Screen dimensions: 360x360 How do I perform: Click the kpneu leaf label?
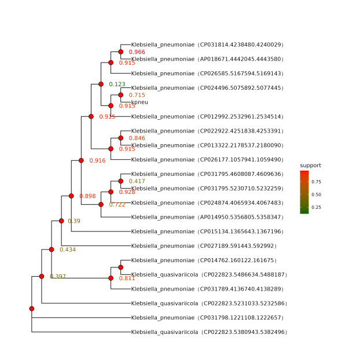139,102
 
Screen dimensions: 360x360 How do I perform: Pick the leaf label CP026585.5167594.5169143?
207,74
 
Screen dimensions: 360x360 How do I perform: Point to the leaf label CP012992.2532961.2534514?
207,116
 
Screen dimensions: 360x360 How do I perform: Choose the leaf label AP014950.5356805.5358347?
207,217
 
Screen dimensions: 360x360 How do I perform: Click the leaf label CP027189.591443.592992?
204,246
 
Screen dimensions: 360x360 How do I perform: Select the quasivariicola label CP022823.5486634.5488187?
209,274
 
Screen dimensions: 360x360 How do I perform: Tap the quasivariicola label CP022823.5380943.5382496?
209,332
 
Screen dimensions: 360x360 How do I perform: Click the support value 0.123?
117,85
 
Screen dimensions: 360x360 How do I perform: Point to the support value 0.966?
137,52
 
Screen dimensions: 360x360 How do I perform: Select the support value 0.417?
137,181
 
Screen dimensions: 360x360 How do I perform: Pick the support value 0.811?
127,278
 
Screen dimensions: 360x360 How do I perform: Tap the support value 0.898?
87,196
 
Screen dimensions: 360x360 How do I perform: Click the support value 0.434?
68,249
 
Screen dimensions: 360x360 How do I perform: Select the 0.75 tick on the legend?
317,181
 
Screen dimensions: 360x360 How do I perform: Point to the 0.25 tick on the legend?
317,207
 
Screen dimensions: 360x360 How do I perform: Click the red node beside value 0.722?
101,204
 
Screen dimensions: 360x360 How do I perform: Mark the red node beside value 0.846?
120,138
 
